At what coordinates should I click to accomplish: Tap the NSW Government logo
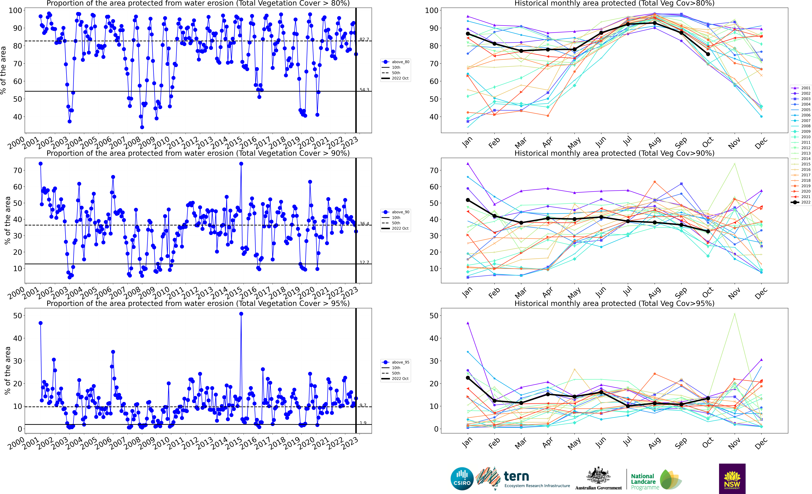732,479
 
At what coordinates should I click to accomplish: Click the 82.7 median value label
364,39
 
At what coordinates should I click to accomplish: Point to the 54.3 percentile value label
364,90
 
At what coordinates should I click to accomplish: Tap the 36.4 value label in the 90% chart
364,224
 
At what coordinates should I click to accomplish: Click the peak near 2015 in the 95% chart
241,314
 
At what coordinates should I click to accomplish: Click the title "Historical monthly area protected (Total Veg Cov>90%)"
614,153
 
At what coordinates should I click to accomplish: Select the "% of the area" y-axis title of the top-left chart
3,70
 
